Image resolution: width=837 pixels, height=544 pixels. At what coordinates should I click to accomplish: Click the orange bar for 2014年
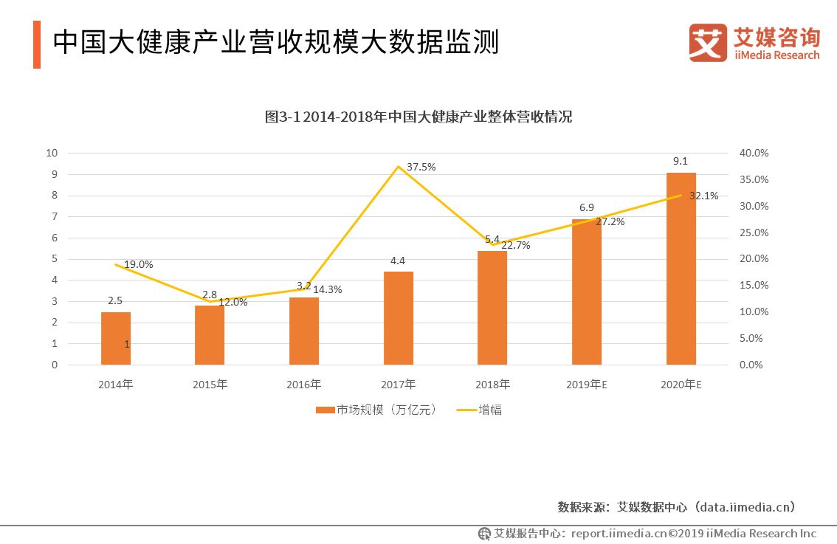[x=116, y=338]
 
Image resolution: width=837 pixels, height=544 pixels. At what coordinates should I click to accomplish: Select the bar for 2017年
[x=399, y=318]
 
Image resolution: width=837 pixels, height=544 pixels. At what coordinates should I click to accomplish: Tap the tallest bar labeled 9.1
[x=681, y=268]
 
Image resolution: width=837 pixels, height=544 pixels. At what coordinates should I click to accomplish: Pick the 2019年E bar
[x=587, y=292]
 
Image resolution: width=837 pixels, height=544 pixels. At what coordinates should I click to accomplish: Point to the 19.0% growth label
[x=139, y=264]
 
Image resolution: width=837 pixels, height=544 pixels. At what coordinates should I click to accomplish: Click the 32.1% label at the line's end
[x=703, y=196]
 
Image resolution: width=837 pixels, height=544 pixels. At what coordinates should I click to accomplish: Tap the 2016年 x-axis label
[x=304, y=385]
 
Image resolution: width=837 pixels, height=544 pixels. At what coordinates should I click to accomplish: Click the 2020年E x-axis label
[x=681, y=385]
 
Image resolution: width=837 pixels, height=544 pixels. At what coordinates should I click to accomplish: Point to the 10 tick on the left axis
[x=52, y=153]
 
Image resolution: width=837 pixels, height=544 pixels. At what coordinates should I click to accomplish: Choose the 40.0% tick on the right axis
[x=754, y=153]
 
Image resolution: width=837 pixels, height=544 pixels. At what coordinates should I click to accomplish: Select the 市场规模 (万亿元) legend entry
[x=376, y=410]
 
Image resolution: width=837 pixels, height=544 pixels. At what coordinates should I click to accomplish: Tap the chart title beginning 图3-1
[x=418, y=117]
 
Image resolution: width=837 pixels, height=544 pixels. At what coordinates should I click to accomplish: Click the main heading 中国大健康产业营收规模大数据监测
[x=276, y=42]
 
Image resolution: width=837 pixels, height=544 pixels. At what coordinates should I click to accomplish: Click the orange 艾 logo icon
[x=707, y=42]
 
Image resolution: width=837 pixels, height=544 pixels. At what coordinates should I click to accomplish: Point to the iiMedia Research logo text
[x=776, y=55]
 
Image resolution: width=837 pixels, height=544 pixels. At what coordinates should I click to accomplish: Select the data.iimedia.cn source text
[x=747, y=506]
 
